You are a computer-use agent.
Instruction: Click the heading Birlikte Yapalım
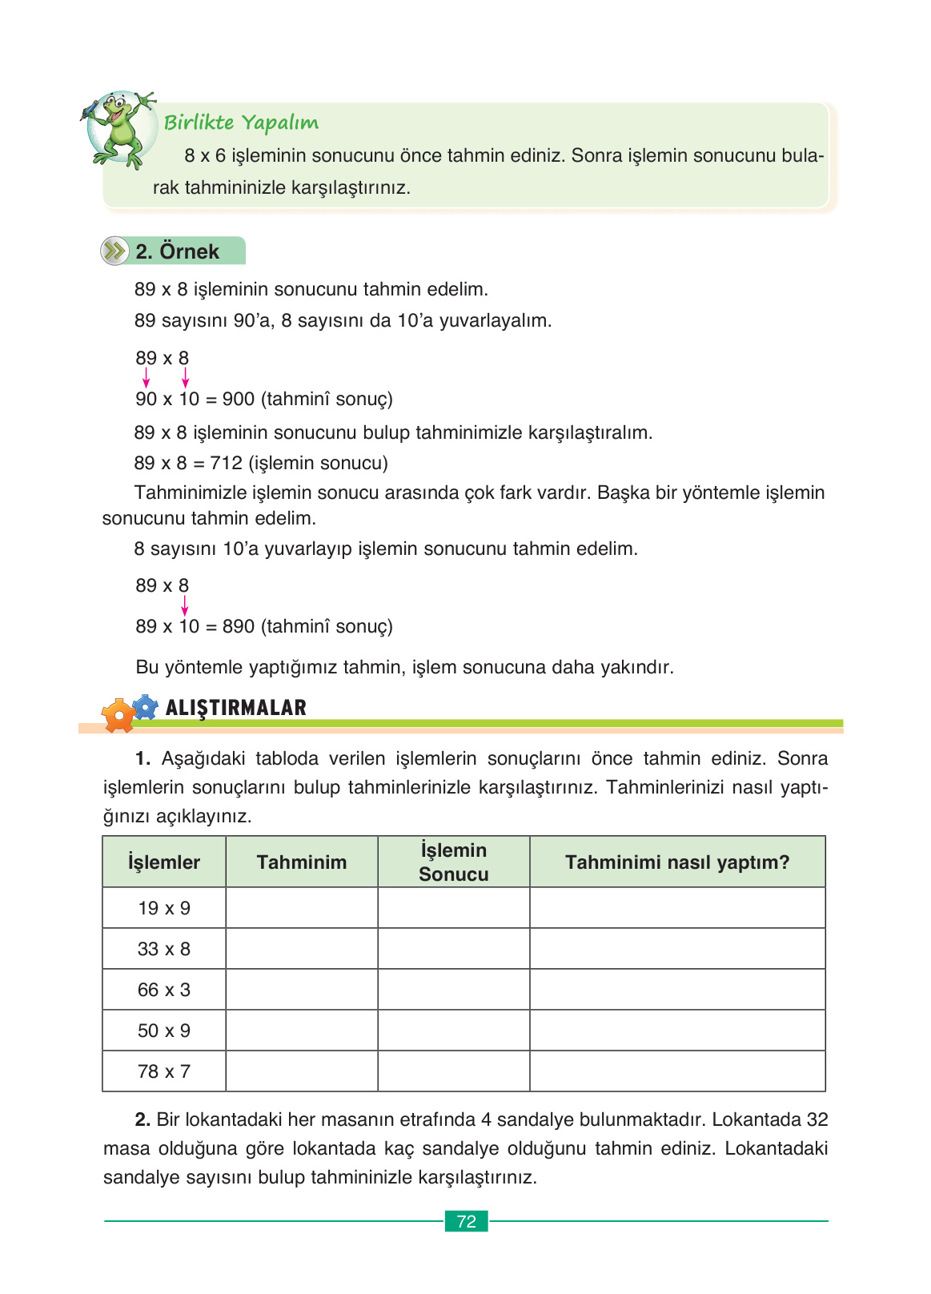[241, 123]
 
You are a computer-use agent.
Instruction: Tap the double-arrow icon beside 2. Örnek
[115, 251]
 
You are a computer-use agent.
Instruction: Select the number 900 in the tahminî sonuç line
[239, 399]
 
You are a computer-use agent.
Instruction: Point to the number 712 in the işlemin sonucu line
[226, 463]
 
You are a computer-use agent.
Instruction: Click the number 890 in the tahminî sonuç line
[239, 626]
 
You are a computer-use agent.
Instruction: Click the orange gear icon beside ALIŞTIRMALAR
[118, 714]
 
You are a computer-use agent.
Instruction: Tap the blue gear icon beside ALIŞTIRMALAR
[145, 707]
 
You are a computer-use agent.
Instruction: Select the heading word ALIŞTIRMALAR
[235, 708]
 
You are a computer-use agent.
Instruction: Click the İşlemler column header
[164, 862]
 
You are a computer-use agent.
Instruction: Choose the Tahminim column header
[302, 862]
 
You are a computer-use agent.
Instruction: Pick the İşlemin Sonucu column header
[454, 862]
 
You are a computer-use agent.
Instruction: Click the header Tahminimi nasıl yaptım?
[677, 862]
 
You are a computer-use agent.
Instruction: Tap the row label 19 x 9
[164, 908]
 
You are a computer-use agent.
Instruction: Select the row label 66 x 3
[164, 990]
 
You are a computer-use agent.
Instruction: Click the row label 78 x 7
[164, 1071]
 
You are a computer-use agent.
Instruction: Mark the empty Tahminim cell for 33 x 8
[302, 949]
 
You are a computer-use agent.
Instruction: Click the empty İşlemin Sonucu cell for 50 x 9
[454, 1031]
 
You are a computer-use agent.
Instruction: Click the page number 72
[466, 1221]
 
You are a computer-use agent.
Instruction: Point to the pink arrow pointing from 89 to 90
[146, 378]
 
